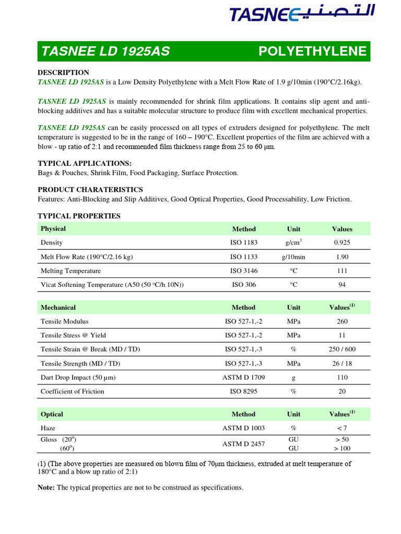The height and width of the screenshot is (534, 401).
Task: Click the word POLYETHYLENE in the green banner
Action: point(312,52)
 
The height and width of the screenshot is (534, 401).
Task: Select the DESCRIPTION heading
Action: point(63,72)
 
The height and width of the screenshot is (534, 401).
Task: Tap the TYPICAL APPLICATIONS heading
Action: point(85,163)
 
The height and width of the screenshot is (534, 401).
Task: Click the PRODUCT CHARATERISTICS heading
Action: point(90,189)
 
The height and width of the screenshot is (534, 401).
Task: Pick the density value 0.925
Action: point(342,242)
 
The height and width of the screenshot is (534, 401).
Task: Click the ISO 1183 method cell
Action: point(244,242)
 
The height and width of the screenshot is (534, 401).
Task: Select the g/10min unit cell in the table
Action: point(293,257)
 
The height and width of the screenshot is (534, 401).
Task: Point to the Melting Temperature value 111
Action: point(342,271)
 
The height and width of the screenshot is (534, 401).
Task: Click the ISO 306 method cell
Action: point(244,285)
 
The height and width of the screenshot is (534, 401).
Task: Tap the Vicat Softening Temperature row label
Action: point(112,285)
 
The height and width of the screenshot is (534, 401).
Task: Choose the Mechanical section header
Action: point(58,307)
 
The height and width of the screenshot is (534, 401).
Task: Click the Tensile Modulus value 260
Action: point(342,321)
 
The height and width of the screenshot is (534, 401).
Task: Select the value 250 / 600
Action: point(342,349)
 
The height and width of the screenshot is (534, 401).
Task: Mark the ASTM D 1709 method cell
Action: point(244,377)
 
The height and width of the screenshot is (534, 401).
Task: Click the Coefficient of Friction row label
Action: point(72,391)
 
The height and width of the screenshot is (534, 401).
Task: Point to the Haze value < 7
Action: point(342,428)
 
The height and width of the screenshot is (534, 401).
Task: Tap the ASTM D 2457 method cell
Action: point(244,444)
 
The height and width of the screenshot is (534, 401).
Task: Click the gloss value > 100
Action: point(342,448)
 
